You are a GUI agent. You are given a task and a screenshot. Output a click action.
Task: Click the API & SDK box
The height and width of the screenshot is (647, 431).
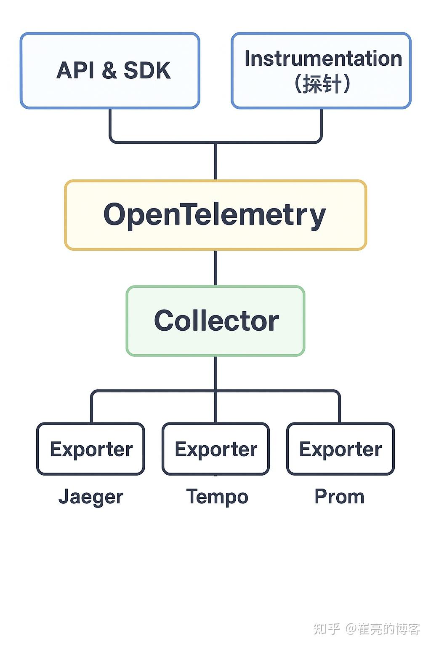[x=110, y=70]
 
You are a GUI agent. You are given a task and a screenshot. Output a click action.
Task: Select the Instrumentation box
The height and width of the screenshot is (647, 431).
[x=321, y=70]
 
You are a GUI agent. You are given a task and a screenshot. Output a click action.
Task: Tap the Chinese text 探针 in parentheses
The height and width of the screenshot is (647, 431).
[x=322, y=83]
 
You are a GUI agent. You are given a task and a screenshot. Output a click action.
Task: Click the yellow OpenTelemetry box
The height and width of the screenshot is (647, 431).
[x=215, y=215]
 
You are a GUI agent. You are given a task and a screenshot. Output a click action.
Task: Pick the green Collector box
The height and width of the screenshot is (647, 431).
[x=215, y=321]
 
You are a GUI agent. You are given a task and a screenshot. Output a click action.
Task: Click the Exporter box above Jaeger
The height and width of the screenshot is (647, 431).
[x=91, y=449]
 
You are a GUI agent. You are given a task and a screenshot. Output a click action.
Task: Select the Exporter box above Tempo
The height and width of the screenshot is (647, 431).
[x=215, y=449]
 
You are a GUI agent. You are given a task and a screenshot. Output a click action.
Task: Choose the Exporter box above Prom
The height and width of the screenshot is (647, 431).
[x=341, y=449]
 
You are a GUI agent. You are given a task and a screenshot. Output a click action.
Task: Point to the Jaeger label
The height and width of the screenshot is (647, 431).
[x=91, y=497]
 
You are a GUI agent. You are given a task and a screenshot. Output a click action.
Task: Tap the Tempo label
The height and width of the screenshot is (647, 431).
[x=217, y=497]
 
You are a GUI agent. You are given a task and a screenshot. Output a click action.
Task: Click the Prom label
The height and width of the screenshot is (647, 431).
[x=339, y=497]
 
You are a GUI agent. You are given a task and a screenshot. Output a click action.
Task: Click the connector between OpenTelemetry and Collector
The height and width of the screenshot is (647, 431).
[x=215, y=268]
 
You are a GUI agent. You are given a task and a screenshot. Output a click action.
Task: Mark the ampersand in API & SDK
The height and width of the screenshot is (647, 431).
[x=109, y=70]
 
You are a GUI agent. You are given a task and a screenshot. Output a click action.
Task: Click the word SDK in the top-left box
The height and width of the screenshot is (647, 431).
[x=147, y=70]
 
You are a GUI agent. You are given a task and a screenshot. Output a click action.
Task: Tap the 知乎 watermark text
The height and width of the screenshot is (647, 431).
[x=327, y=629]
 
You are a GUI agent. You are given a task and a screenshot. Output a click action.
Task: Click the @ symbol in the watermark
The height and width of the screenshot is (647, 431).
[x=351, y=629]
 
